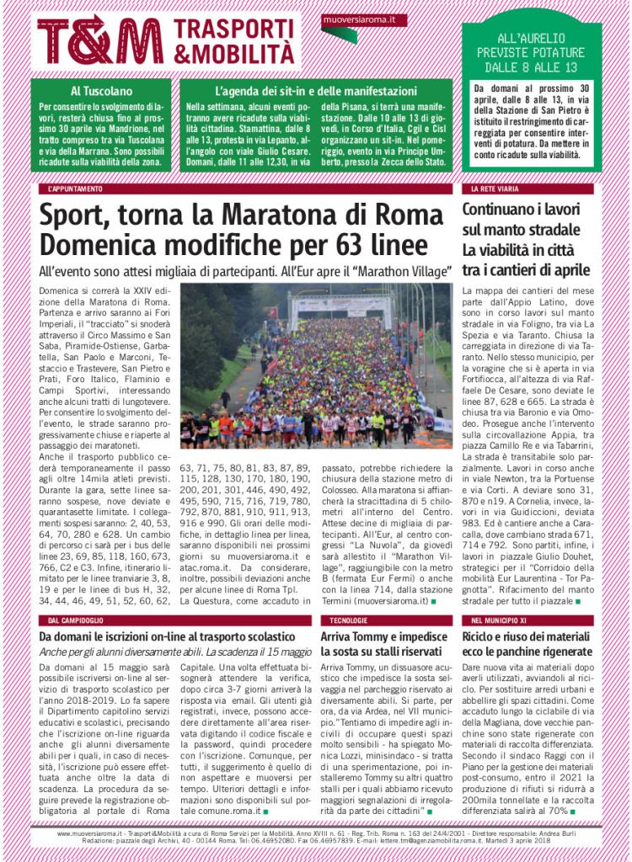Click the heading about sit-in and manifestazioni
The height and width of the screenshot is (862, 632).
315,90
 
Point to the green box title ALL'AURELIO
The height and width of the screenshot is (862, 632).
532,39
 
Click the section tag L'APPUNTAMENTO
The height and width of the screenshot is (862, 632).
76,189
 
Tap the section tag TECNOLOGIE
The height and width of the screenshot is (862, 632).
343,620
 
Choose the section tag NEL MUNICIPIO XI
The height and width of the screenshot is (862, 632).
500,620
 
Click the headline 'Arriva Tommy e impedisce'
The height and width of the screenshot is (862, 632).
384,637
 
